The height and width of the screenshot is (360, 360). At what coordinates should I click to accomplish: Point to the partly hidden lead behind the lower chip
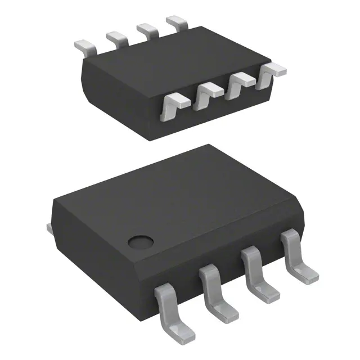click(49, 227)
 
